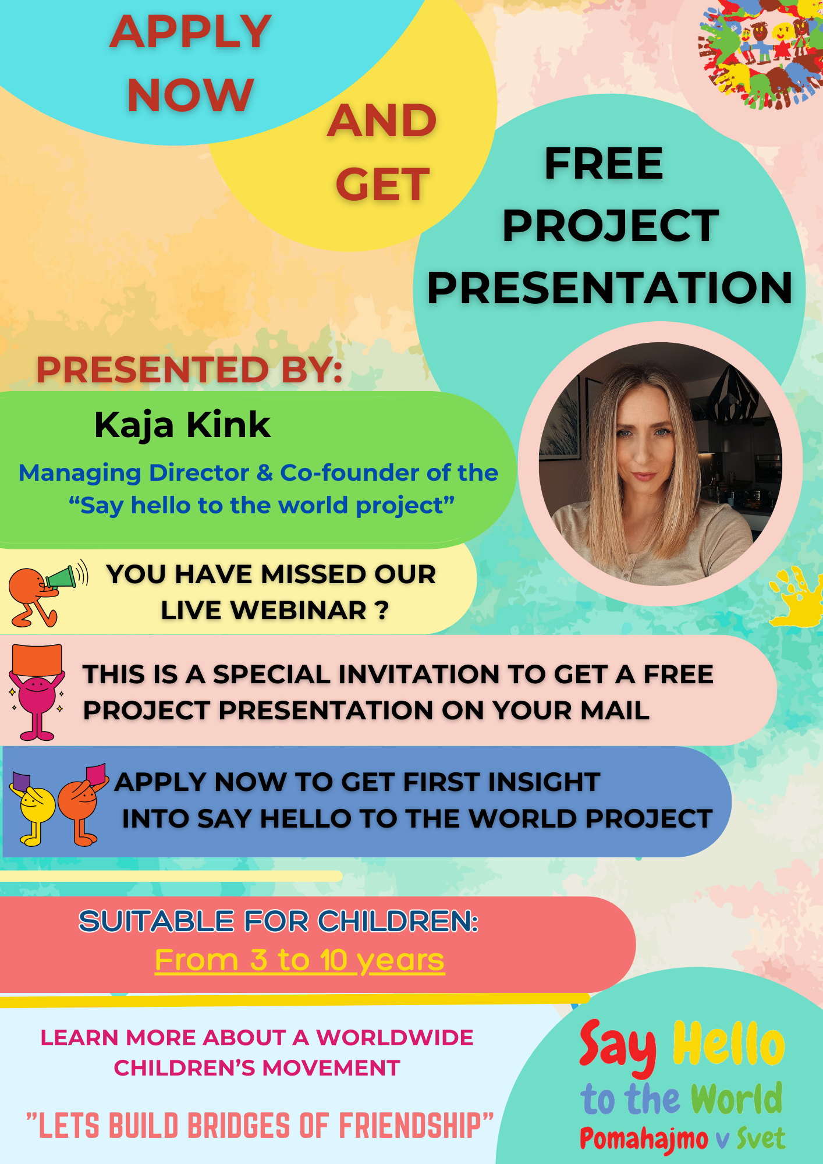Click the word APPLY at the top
click(x=190, y=31)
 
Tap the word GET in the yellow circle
click(x=382, y=184)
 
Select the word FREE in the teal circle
click(x=604, y=164)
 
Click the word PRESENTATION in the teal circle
click(x=609, y=288)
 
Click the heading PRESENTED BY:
click(x=190, y=370)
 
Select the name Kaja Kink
click(x=182, y=425)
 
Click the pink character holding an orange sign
click(x=36, y=692)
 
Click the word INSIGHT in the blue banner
click(x=544, y=782)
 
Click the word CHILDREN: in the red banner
click(x=398, y=921)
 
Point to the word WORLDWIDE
click(x=395, y=1037)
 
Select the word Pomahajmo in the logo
click(x=644, y=1140)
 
